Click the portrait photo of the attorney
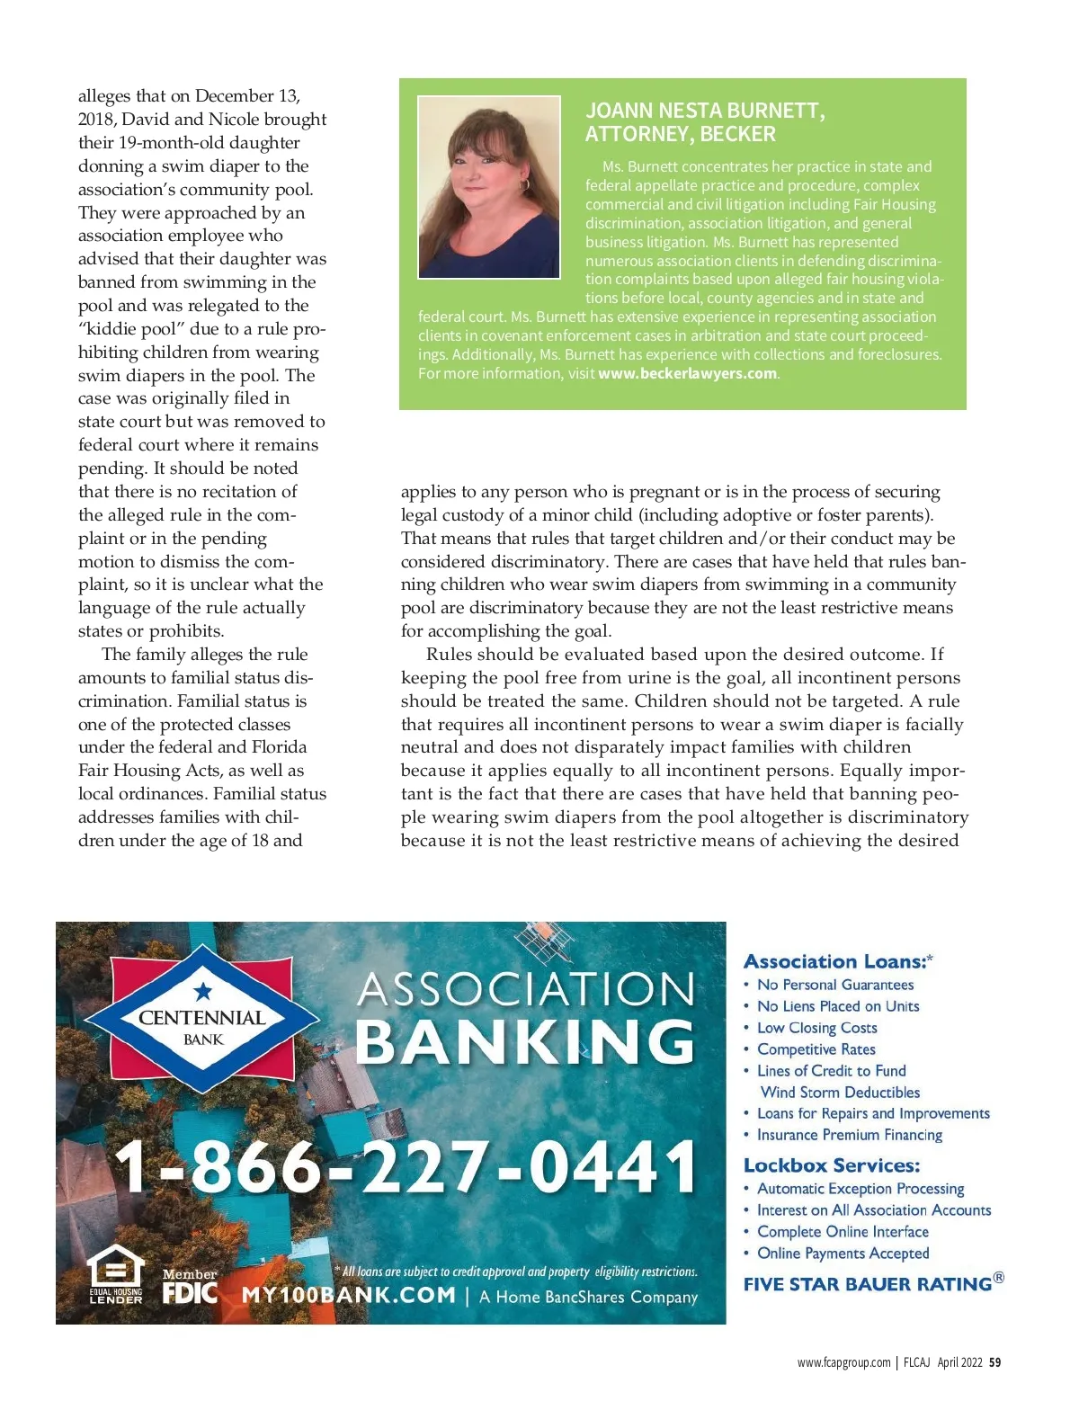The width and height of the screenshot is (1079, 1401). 489,187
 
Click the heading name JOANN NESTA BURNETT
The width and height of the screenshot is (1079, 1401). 704,111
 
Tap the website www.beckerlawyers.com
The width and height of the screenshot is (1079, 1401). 687,373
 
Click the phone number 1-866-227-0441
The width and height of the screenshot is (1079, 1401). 406,1165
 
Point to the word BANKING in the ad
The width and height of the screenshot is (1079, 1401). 526,1041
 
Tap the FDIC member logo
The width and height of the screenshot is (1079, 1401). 190,1289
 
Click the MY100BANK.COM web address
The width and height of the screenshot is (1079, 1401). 349,1295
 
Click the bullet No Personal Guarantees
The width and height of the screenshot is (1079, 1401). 835,985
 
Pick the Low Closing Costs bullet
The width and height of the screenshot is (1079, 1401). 816,1028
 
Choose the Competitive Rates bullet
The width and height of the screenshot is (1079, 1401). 816,1049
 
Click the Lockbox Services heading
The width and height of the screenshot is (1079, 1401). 832,1165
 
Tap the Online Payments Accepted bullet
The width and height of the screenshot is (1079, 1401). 843,1254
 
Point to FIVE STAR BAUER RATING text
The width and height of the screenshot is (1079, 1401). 868,1284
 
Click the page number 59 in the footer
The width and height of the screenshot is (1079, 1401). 994,1362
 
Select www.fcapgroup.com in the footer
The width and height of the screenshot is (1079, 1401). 843,1362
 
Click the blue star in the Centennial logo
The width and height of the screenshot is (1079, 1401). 203,991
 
